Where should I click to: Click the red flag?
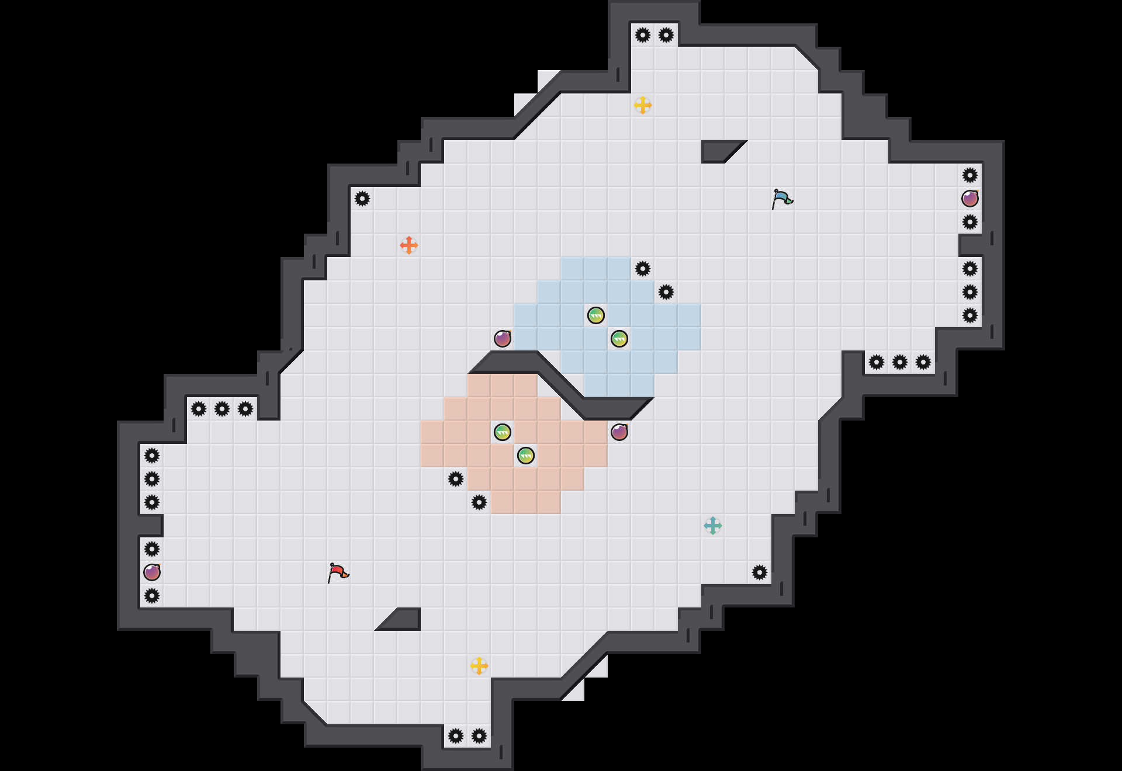click(x=338, y=572)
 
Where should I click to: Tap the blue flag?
click(x=782, y=199)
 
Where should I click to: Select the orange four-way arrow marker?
click(x=409, y=245)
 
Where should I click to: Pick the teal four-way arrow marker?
click(x=713, y=526)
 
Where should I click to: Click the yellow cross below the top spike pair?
click(x=643, y=105)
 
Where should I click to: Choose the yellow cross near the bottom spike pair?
click(x=479, y=666)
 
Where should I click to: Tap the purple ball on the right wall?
click(x=970, y=199)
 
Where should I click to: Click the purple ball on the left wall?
click(x=152, y=572)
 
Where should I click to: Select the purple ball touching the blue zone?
click(x=503, y=339)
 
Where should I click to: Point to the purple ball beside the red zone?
click(x=619, y=432)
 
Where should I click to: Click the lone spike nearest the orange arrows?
click(x=362, y=199)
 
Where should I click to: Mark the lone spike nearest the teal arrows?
click(x=760, y=572)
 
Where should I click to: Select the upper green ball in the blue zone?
click(x=596, y=315)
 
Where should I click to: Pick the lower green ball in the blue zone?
click(x=619, y=339)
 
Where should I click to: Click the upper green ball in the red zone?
click(x=503, y=432)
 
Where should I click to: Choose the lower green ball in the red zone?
click(x=526, y=456)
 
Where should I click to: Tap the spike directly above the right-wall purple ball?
click(x=970, y=175)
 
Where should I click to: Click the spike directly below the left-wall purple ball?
click(x=152, y=596)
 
